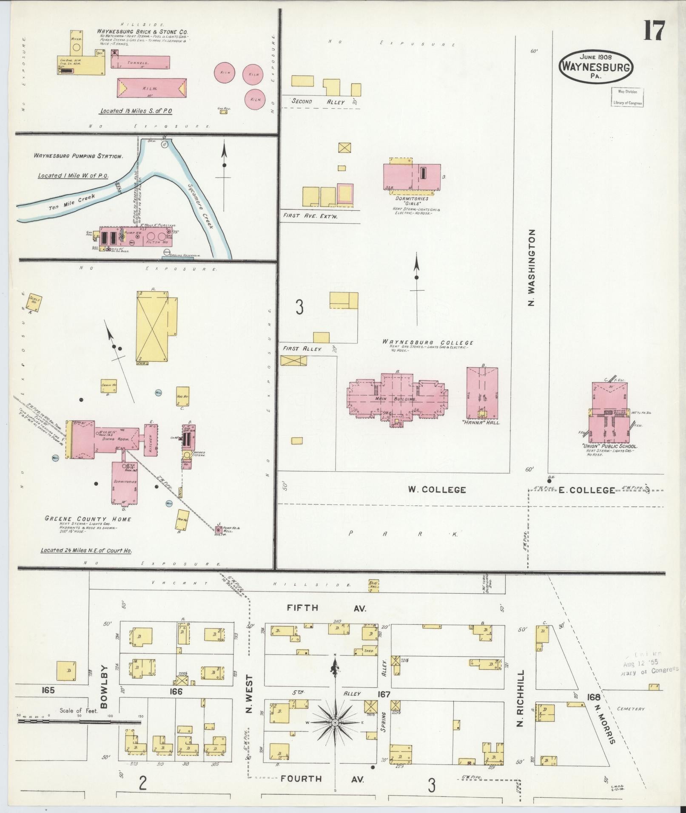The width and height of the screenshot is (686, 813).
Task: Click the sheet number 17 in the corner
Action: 653,30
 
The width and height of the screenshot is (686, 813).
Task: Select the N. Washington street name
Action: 532,268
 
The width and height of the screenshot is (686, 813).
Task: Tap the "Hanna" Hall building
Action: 482,393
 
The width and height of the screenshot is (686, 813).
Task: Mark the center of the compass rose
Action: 335,722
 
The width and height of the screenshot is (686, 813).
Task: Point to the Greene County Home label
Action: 88,519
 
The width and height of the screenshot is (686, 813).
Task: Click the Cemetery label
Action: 631,709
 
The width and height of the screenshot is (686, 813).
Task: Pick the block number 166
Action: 176,691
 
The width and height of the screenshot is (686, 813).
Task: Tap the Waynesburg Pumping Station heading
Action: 79,156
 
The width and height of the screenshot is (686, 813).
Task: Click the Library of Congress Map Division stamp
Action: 627,97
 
